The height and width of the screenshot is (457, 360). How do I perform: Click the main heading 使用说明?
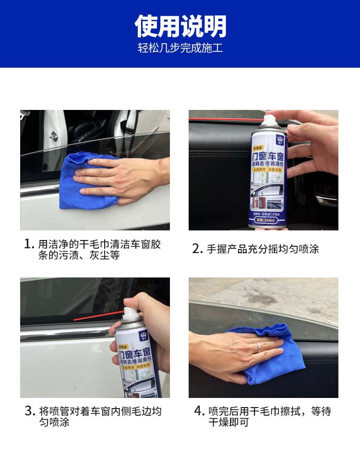tap(180, 26)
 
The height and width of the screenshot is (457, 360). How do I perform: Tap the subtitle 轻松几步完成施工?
tap(180, 49)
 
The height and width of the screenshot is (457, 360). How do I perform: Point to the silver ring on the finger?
tap(258, 347)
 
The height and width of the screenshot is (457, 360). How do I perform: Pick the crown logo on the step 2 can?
tap(279, 140)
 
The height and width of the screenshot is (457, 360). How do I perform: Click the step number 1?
tap(29, 244)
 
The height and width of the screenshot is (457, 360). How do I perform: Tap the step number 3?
tap(30, 411)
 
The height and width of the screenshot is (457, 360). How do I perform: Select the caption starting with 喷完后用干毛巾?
tap(269, 417)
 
